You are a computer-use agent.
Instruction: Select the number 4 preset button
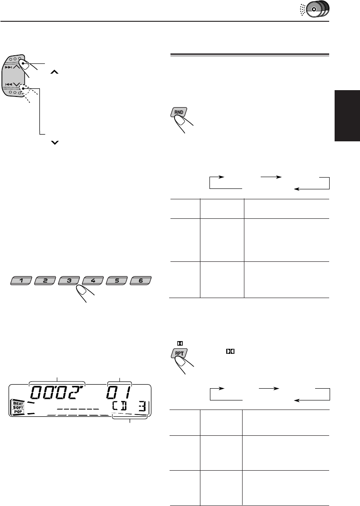[x=92, y=280]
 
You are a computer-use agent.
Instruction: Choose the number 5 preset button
[x=117, y=280]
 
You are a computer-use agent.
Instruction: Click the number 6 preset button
[x=140, y=280]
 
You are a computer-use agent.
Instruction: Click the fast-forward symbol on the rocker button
[x=10, y=66]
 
